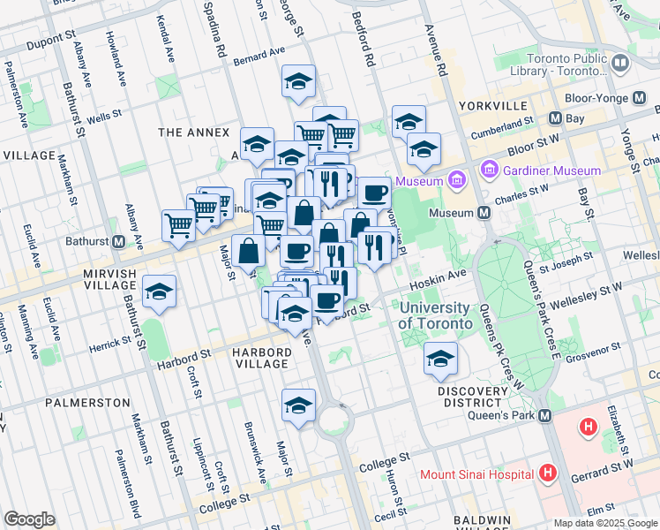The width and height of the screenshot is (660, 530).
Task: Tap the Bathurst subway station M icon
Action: pos(118,241)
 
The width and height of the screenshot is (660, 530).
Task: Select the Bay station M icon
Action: pos(556,117)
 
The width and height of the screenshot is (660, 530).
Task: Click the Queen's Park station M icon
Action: pos(545,416)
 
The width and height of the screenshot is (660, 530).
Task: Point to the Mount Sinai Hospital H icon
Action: pos(549,473)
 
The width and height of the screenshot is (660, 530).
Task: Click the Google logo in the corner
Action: pos(29,519)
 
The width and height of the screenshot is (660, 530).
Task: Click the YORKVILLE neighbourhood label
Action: pos(492,105)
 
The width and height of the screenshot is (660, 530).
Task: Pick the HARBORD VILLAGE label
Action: pos(261,358)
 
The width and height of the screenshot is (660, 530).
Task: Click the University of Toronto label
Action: pos(434,315)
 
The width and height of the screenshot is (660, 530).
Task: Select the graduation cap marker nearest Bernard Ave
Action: pos(299,81)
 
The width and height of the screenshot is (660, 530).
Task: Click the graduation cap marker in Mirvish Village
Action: pos(159,291)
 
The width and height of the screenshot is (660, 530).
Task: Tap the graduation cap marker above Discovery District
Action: pos(440,359)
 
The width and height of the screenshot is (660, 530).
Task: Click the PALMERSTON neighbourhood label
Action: pos(87,402)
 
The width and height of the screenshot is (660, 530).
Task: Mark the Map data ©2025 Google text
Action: pos(606,522)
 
